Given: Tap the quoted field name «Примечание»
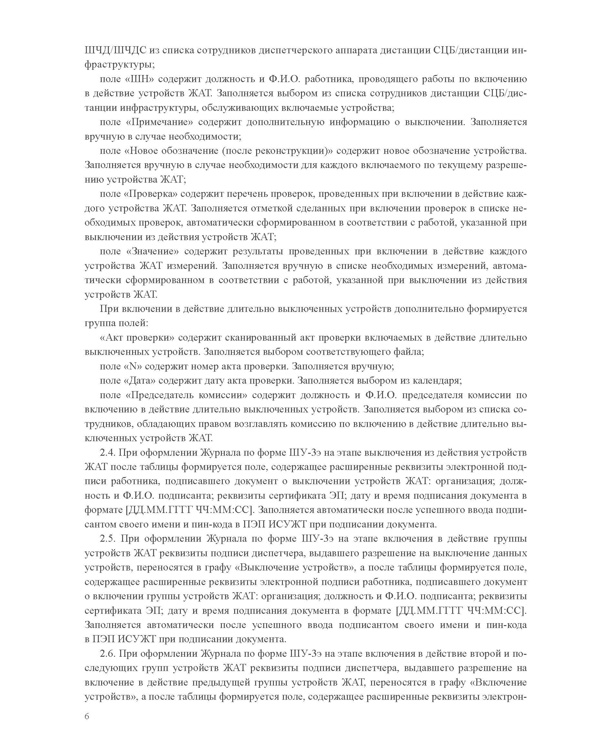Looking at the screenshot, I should tap(159, 122).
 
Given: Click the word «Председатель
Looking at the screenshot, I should tap(159, 395).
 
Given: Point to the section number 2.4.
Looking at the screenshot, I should tap(108, 453).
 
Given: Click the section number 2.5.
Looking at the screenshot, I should tap(108, 539).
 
